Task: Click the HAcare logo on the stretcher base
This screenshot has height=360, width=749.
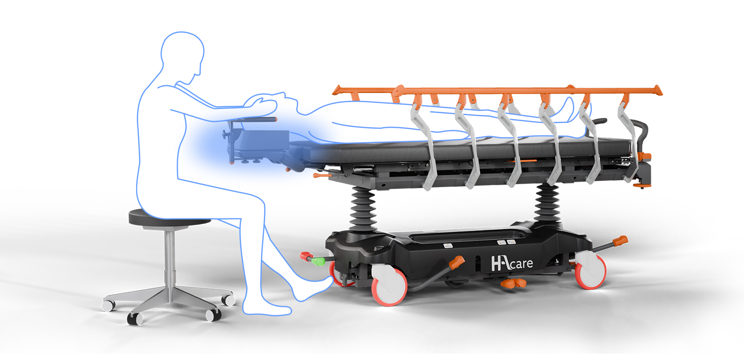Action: [x=512, y=263]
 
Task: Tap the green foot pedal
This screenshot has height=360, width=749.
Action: [x=318, y=261]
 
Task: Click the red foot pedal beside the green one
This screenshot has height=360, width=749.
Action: [x=305, y=256]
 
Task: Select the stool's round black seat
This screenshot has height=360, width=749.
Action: [x=169, y=217]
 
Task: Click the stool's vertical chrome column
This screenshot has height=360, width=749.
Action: [x=170, y=261]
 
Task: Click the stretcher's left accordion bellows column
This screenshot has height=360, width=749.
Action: [x=363, y=209]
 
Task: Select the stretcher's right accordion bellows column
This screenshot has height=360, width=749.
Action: [x=548, y=202]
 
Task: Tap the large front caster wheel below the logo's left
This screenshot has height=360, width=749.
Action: [x=390, y=286]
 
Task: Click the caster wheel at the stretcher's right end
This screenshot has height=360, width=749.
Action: [x=590, y=270]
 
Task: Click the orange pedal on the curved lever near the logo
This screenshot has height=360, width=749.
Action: [x=457, y=263]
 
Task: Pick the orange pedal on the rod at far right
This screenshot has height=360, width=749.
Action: [x=621, y=240]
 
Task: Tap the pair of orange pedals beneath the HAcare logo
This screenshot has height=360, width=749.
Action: [x=513, y=284]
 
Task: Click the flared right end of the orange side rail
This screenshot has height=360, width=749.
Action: [x=657, y=90]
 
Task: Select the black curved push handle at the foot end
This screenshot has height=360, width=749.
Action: [x=640, y=134]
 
